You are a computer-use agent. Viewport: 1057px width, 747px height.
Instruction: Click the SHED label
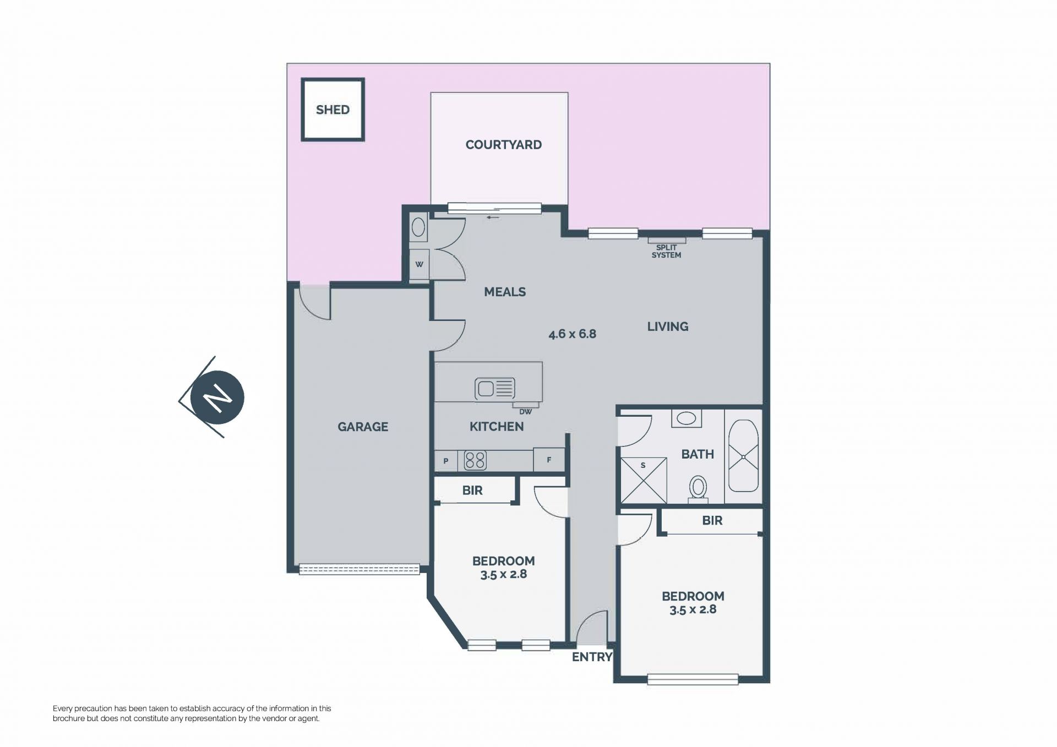333,110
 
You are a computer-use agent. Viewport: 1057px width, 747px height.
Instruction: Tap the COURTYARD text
503,145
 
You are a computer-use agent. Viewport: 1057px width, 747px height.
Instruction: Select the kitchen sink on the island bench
495,388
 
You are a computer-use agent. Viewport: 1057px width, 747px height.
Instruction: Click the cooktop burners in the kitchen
475,460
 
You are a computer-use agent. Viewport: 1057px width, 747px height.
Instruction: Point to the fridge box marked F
549,460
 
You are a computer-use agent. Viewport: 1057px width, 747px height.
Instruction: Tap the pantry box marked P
446,461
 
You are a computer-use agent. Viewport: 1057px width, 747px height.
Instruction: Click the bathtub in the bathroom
743,456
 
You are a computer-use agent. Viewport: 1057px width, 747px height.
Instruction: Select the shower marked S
643,479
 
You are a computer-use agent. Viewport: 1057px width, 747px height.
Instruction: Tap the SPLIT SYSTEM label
666,252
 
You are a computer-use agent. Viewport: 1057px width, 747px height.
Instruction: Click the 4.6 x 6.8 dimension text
573,334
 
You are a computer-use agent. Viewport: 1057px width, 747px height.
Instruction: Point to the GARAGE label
363,427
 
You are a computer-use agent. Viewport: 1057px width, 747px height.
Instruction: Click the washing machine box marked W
419,265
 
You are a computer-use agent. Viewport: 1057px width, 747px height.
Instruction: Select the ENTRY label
592,657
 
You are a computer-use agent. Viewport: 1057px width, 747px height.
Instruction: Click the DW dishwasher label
526,411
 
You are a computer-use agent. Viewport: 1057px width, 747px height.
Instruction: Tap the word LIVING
668,326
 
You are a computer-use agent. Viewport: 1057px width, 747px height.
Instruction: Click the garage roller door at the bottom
359,569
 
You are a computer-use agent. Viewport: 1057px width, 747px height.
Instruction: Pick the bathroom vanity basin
686,418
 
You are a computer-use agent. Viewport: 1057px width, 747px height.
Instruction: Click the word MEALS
505,292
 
